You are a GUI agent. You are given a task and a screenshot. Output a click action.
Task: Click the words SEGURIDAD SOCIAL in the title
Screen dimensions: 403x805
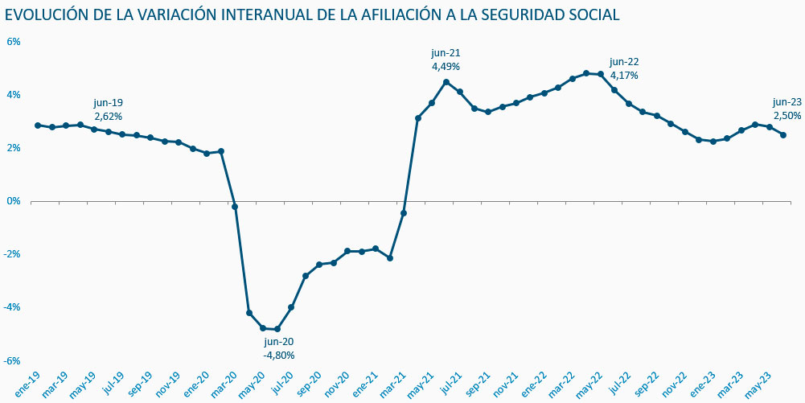[558, 14]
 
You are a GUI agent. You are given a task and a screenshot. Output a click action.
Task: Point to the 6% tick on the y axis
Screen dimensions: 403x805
[14, 42]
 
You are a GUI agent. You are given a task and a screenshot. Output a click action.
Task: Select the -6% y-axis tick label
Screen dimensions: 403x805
[12, 360]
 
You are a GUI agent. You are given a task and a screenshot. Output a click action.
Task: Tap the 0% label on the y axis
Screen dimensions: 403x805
[14, 201]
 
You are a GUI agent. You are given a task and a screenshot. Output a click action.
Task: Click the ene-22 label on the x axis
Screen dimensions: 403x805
[535, 386]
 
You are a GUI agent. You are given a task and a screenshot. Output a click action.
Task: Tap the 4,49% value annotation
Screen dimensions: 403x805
[446, 67]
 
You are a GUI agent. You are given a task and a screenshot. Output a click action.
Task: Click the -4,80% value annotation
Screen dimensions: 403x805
[279, 355]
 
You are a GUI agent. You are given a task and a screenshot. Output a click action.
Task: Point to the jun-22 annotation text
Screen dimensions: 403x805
[624, 62]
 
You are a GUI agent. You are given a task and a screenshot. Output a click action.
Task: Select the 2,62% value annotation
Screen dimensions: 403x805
[109, 117]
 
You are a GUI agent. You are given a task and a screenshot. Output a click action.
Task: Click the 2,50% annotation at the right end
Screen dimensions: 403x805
[787, 116]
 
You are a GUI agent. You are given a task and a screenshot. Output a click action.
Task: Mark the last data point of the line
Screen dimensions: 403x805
[784, 135]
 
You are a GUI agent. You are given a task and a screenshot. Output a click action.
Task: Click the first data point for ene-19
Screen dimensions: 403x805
[38, 125]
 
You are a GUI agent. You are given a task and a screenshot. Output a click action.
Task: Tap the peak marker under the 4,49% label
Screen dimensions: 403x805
[446, 82]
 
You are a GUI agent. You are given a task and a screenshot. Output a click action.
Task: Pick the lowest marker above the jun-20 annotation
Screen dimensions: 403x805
[277, 329]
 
